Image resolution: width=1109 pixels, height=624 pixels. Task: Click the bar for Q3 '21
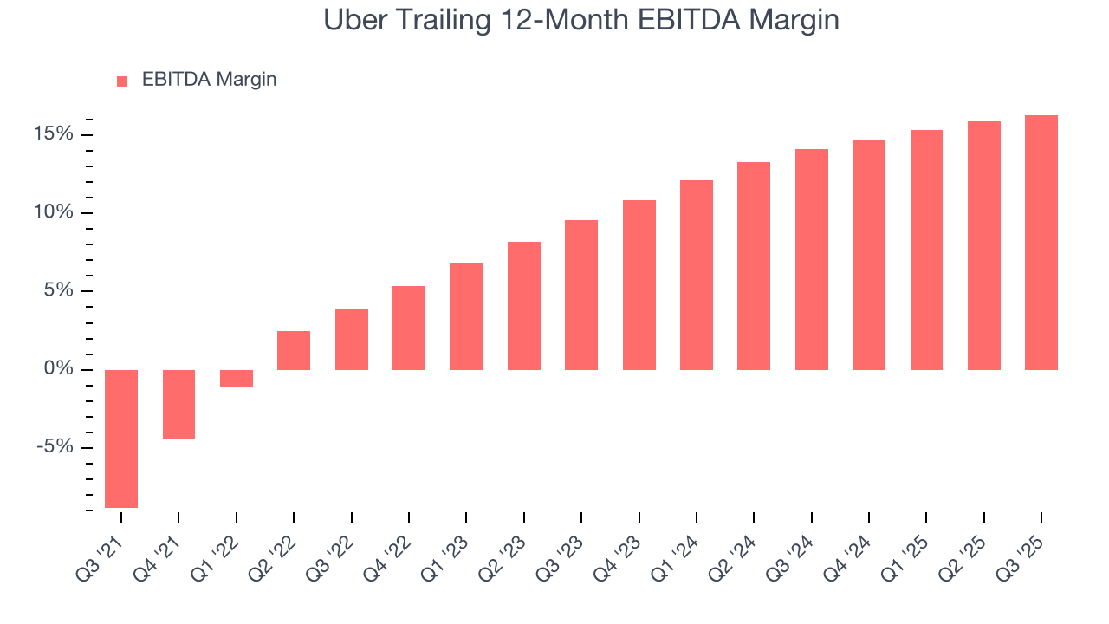121,439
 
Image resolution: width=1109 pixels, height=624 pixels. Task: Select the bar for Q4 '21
178,405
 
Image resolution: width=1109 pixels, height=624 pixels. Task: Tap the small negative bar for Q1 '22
236,379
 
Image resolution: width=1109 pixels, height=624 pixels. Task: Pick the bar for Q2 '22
294,351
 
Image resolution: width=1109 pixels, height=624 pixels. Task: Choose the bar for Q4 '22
409,328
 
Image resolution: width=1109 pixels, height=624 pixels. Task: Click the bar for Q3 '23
581,296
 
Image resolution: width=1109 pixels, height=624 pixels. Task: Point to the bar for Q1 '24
697,276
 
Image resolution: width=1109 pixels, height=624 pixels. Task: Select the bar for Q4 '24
869,255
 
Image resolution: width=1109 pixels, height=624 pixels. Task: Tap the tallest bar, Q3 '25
1041,243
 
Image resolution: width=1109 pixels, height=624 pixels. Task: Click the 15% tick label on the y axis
54,134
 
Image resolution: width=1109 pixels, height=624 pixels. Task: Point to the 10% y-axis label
54,213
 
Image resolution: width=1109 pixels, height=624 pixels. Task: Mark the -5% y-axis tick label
55,448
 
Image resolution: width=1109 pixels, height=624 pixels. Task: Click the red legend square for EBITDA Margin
122,81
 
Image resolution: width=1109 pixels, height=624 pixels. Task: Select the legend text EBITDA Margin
209,80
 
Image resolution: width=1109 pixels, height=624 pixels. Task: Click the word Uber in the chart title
353,19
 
